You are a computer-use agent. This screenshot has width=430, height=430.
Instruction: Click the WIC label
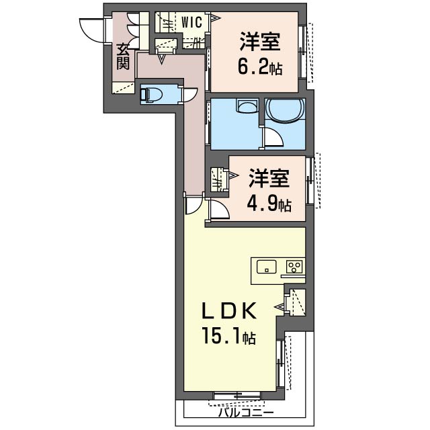[x=191, y=22]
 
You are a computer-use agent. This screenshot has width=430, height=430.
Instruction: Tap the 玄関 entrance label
[x=123, y=56]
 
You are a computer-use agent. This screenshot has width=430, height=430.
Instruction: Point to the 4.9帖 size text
[x=269, y=203]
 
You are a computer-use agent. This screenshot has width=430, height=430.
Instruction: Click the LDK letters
[x=229, y=310]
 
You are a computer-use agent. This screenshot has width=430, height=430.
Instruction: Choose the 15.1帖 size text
[x=228, y=336]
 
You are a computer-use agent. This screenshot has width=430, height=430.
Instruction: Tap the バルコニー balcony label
[x=246, y=412]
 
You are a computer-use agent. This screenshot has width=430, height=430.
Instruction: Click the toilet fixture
[x=150, y=95]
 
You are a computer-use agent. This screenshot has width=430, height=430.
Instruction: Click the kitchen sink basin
[x=266, y=267]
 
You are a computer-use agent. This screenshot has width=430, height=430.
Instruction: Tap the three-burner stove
[x=294, y=267]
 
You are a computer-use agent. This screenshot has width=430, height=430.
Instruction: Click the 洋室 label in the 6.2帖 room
[x=260, y=42]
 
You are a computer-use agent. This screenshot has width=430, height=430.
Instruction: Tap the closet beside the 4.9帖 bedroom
[x=218, y=180]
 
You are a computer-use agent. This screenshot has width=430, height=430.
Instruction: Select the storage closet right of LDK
[x=296, y=302]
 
